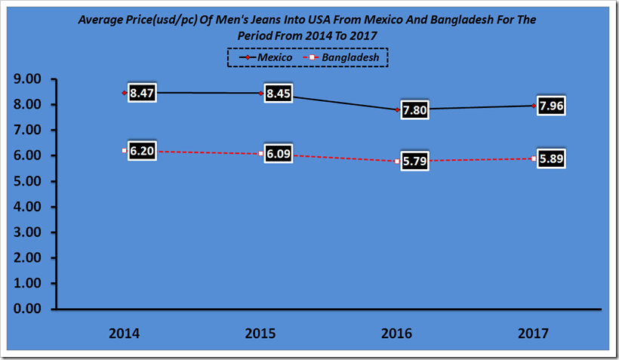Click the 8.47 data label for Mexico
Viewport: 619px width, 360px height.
[141, 94]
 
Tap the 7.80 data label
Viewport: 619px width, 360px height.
[414, 111]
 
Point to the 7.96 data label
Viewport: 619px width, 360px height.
[550, 106]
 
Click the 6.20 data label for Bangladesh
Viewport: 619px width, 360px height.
[141, 152]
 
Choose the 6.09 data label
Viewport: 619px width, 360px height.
[277, 155]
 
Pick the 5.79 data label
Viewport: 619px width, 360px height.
[414, 162]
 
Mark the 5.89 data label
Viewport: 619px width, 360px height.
[550, 159]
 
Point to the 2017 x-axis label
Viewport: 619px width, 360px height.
[533, 333]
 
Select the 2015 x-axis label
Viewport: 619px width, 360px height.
[259, 333]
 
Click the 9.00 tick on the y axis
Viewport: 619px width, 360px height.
[26, 78]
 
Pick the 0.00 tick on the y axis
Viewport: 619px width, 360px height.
[26, 309]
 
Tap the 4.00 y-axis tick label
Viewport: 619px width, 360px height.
[26, 206]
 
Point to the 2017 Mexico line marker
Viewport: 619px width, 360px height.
[534, 106]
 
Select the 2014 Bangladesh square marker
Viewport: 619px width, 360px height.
[124, 151]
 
